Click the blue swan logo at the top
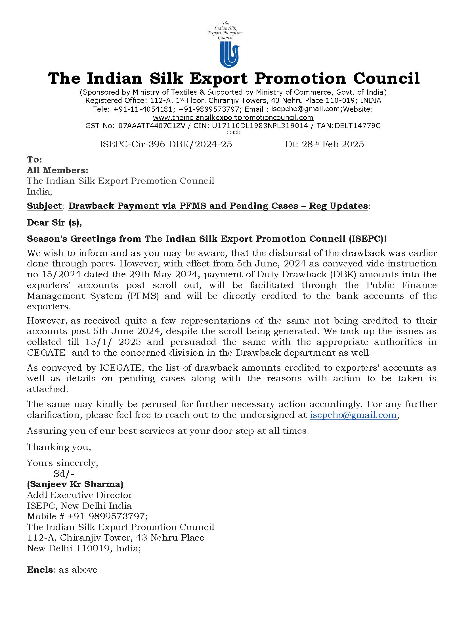229,54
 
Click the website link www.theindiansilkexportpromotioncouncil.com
233,117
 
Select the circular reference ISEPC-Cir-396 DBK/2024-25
166,144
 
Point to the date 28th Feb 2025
333,144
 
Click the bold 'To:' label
34,159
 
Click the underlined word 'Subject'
44,206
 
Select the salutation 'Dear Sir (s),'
54,222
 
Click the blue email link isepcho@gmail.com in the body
353,415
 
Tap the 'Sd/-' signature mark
64,474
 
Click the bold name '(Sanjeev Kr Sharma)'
75,484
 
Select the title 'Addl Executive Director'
79,495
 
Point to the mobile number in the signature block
108,516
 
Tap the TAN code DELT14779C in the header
357,126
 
